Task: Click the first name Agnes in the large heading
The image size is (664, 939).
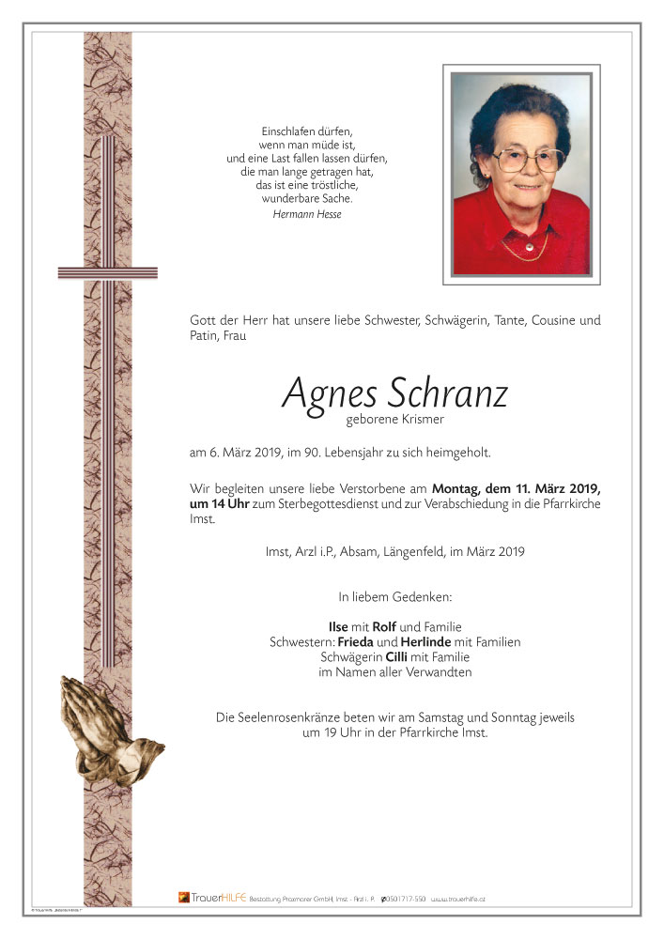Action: [x=329, y=393]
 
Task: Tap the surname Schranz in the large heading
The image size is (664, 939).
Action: [x=445, y=393]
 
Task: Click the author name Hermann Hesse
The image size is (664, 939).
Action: [x=307, y=215]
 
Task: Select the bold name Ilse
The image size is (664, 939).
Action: [x=337, y=627]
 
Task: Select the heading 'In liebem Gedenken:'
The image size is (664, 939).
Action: [x=395, y=596]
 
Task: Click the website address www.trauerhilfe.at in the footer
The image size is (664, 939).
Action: [x=458, y=900]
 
